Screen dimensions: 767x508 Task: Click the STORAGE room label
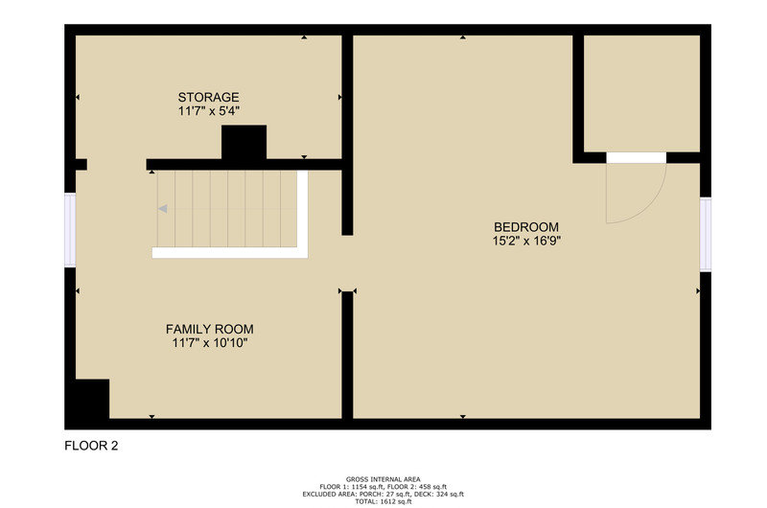click(208, 97)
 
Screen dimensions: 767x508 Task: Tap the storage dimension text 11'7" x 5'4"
click(208, 111)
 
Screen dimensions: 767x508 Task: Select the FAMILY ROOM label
click(209, 329)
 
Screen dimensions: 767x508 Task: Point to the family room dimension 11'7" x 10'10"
click(209, 343)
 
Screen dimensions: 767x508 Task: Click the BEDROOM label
click(526, 227)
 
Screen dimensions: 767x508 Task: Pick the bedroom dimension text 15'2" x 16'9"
click(526, 241)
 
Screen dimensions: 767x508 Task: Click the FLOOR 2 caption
click(91, 446)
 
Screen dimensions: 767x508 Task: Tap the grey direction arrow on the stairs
click(163, 209)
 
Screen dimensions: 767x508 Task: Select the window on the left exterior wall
click(70, 230)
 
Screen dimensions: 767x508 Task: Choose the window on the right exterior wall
click(706, 234)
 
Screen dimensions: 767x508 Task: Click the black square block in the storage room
click(244, 142)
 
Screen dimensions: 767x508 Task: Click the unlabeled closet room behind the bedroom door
click(641, 93)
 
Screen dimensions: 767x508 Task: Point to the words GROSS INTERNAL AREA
click(383, 479)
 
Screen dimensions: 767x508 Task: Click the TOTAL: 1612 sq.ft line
click(383, 501)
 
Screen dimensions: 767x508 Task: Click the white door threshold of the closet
click(637, 158)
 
